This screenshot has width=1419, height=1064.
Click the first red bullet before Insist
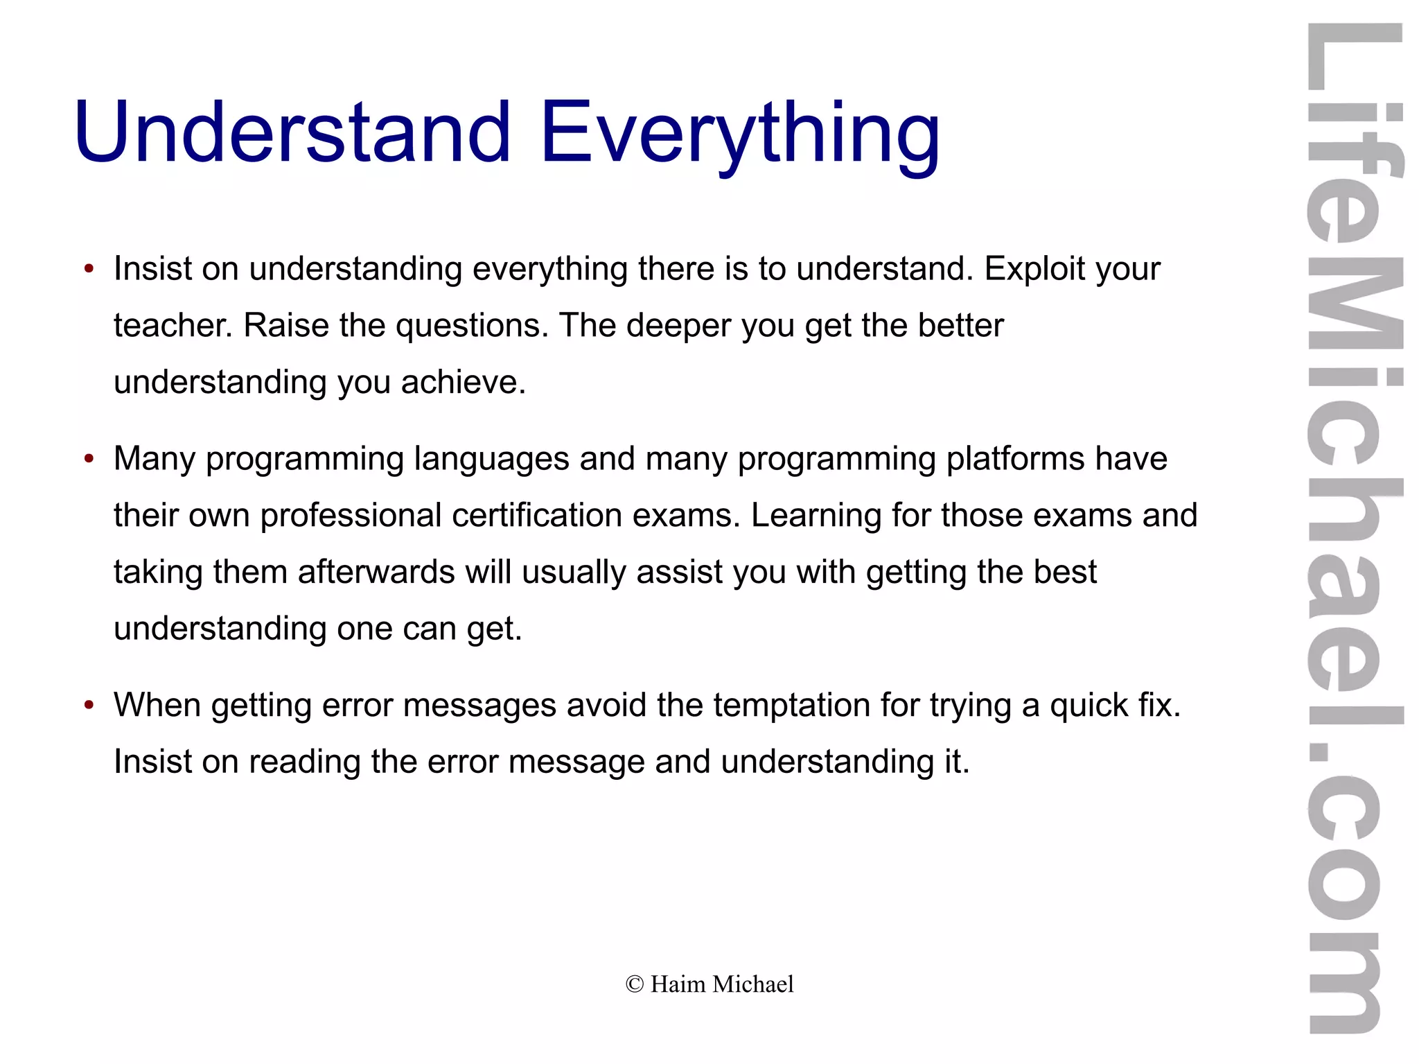[88, 270]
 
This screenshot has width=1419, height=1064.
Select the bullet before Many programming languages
[88, 460]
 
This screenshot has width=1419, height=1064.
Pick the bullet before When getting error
[88, 706]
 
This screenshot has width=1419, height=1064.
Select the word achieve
[463, 383]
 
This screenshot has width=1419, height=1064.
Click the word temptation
[792, 706]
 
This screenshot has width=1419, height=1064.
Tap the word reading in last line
[304, 762]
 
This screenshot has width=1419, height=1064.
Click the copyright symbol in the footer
[634, 984]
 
